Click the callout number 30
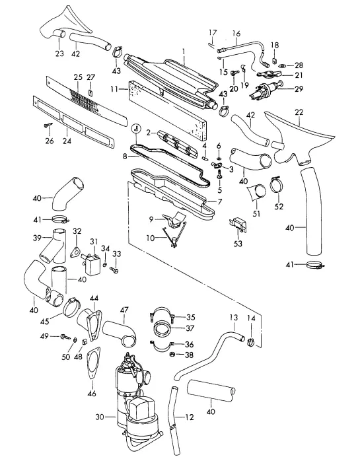(100, 417)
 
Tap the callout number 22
(299, 112)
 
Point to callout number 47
(124, 310)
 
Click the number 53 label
(238, 243)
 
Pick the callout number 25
(78, 77)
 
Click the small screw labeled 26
(48, 125)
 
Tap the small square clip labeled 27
(90, 93)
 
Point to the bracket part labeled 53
(238, 224)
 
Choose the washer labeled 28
(283, 65)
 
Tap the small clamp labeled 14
(250, 341)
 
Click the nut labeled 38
(172, 355)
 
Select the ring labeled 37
(162, 328)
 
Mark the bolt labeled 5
(219, 175)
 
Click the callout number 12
(190, 417)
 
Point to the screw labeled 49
(65, 337)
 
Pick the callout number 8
(125, 157)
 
